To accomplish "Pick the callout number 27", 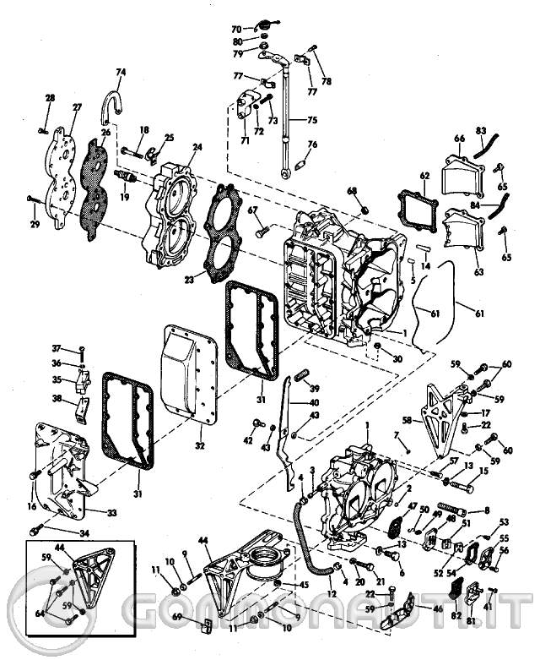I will coord(77,107).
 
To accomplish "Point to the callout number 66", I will coord(460,138).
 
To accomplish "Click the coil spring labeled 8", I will coord(451,510).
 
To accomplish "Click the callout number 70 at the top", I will coord(236,29).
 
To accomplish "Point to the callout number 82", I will coord(455,618).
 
